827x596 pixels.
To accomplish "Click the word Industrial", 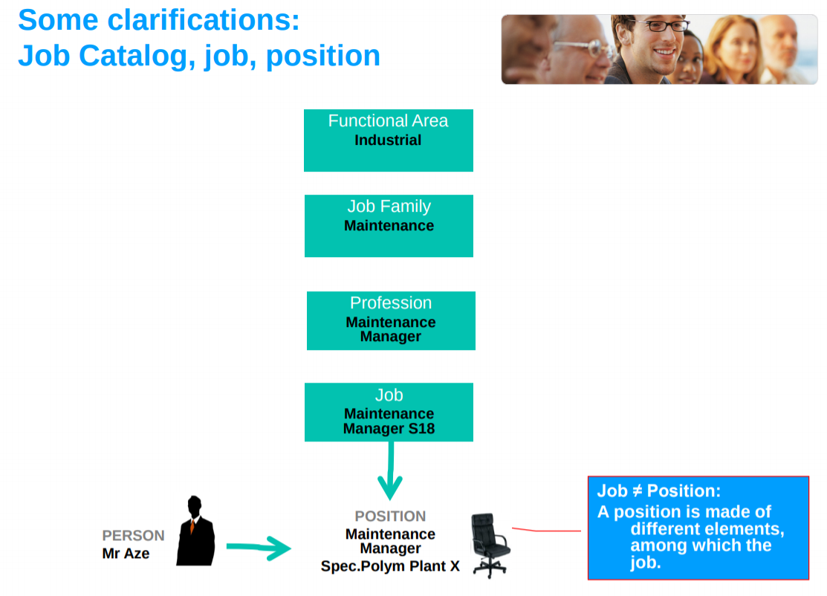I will click(x=388, y=140).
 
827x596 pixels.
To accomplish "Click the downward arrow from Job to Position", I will click(x=389, y=473).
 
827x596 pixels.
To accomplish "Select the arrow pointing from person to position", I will click(x=258, y=548).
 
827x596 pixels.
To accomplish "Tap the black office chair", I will click(x=489, y=544).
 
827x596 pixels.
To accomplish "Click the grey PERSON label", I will click(x=133, y=536).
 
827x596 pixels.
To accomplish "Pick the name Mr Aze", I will click(x=126, y=554).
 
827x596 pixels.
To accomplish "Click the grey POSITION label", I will click(x=390, y=516).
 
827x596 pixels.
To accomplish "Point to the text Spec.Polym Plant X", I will click(x=390, y=566).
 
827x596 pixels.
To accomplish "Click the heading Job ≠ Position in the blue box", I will click(x=658, y=491).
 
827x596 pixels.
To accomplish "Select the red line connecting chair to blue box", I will click(x=546, y=531).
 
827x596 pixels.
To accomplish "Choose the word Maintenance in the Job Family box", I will click(x=389, y=226).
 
